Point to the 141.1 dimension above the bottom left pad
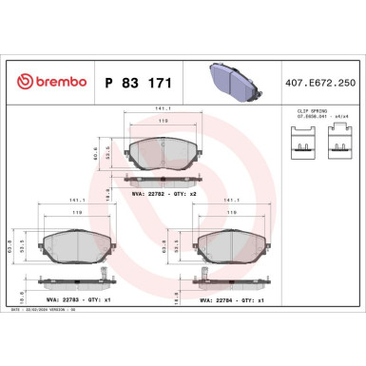click(x=70, y=201)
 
